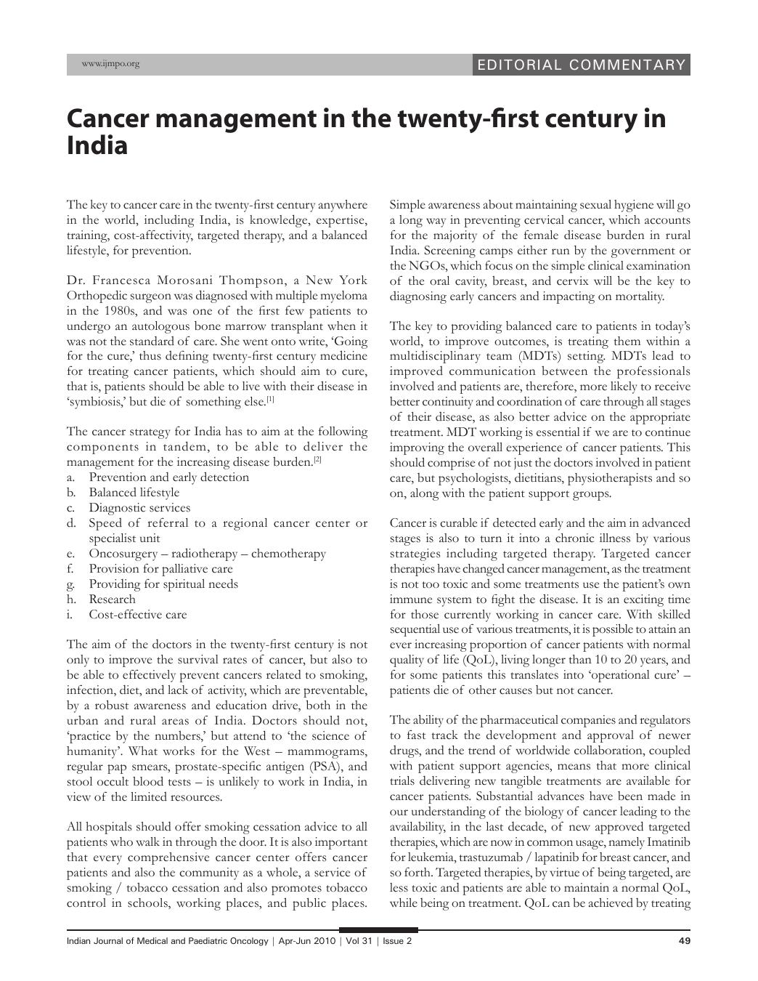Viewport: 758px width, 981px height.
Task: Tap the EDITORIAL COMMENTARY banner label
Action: (x=581, y=65)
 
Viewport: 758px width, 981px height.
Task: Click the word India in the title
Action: (x=97, y=145)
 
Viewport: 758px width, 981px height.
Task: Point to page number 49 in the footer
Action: (x=684, y=941)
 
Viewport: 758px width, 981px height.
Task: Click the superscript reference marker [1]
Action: (x=270, y=400)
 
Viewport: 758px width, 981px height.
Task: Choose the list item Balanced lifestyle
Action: (x=134, y=493)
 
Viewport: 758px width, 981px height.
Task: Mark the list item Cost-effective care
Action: (x=137, y=615)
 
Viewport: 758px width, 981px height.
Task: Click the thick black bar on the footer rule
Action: (x=378, y=929)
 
